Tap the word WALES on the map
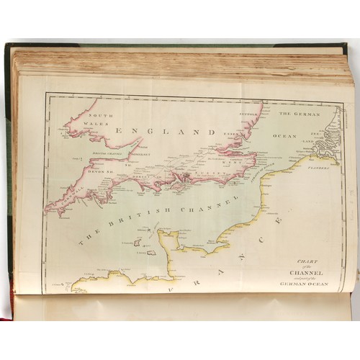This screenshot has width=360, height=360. [x=99, y=123]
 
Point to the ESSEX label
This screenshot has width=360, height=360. [x=232, y=134]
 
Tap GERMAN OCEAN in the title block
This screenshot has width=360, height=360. [x=307, y=284]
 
